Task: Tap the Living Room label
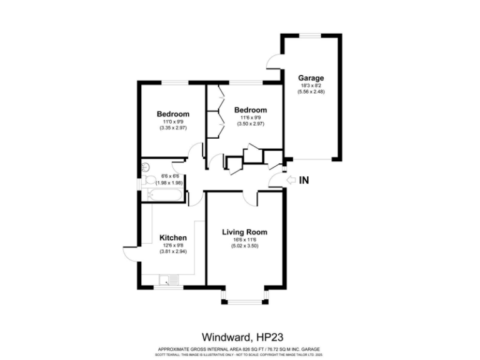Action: [241, 232]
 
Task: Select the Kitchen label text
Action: [172, 237]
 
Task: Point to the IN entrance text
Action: [305, 181]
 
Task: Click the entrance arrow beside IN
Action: [290, 181]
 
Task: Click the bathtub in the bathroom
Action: [162, 197]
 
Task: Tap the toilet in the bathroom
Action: [149, 180]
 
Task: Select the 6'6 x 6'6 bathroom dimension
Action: [171, 176]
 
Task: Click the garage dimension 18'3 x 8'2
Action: [311, 86]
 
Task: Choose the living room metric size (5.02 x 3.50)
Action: [241, 246]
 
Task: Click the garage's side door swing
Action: [273, 61]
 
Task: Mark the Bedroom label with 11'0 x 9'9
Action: [173, 114]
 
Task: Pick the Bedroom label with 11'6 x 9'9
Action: [251, 110]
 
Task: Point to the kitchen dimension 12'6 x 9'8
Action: [172, 245]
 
